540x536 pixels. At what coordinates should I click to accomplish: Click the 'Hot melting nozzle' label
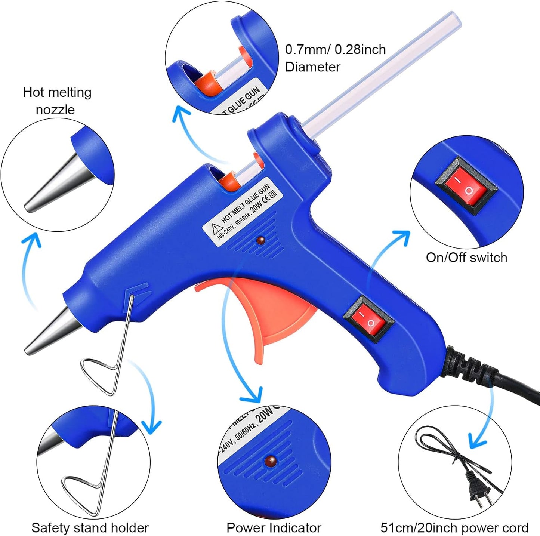(57, 101)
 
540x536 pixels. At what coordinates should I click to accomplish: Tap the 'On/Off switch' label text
(466, 258)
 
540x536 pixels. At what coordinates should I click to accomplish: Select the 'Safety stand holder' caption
(90, 527)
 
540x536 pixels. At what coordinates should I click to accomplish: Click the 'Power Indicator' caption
(274, 527)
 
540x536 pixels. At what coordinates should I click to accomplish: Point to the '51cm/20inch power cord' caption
(454, 527)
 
